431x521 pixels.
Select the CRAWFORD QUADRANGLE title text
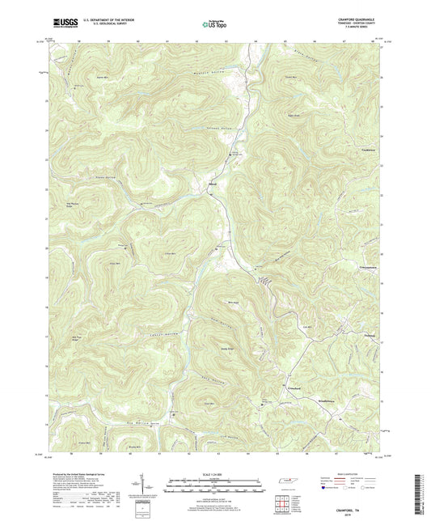click(360, 19)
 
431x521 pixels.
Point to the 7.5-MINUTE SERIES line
click(364, 32)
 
